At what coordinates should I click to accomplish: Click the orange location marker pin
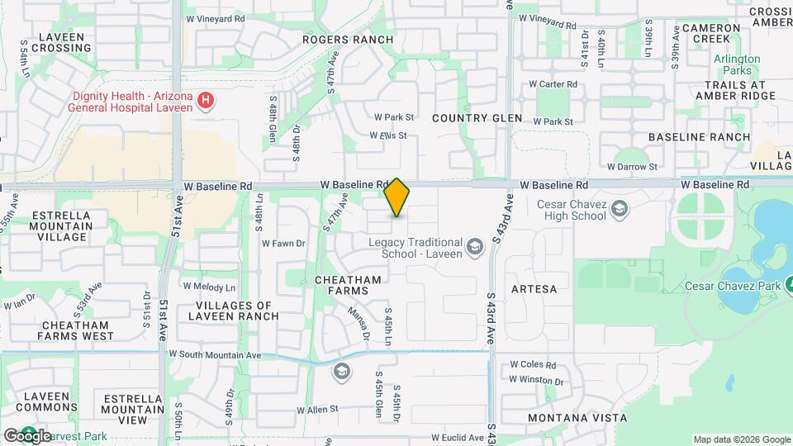pos(397,197)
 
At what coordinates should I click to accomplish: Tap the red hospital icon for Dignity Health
pos(207,102)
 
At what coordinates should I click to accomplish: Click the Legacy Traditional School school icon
pos(474,246)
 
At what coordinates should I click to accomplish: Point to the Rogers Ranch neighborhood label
pos(347,39)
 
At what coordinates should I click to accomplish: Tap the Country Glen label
pos(477,118)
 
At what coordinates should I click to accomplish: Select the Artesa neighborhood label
pos(534,289)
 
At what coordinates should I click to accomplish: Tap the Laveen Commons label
pos(47,401)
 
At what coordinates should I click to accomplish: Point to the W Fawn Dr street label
pos(283,243)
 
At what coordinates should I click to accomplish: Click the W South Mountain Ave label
pos(215,354)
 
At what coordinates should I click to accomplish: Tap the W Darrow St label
pos(630,166)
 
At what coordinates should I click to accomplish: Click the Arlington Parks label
pos(736,64)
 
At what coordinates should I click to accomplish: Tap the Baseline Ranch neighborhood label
pos(699,137)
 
